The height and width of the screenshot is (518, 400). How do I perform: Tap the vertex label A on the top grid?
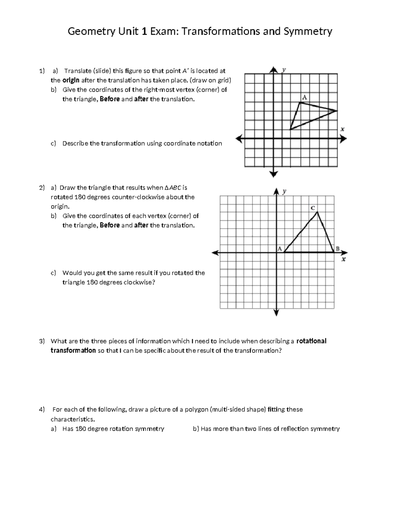(304, 97)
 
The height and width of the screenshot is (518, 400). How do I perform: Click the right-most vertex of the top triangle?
(337, 111)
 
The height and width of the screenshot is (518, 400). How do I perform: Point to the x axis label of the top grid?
(342, 129)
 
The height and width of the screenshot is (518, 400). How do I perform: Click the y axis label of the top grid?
(284, 70)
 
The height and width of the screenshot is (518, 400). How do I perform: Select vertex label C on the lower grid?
(313, 207)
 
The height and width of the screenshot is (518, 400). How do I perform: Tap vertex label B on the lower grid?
(337, 248)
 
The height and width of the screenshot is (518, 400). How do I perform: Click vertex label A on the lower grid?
(279, 248)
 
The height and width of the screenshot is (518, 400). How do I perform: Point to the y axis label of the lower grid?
(284, 191)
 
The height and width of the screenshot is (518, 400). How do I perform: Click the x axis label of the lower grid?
(344, 259)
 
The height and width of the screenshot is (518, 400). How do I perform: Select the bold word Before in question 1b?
(110, 99)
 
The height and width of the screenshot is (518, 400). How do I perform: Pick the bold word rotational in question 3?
(311, 341)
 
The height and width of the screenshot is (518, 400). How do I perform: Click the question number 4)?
(42, 409)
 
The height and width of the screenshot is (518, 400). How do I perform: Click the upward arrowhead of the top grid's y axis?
(274, 69)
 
